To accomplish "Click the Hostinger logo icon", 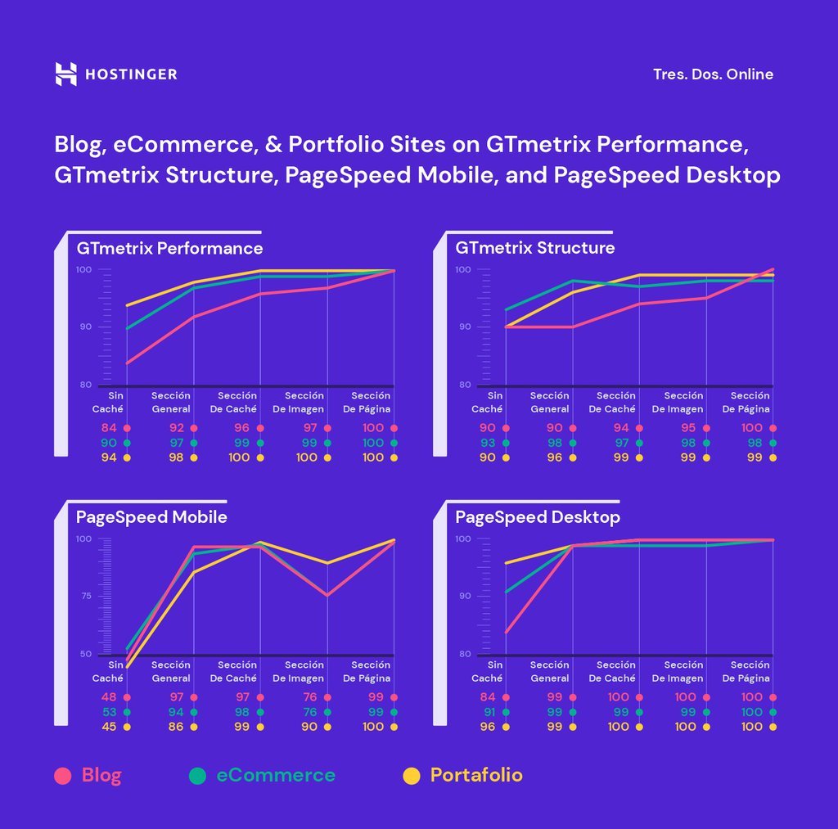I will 65,74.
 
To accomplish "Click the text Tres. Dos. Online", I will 713,74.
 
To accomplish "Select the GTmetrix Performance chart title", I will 169,248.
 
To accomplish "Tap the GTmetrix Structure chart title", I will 534,248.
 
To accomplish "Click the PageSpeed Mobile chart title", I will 151,517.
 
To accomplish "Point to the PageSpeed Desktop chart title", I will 537,517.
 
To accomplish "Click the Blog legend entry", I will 88,776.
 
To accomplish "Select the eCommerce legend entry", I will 262,776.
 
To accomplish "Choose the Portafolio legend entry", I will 464,776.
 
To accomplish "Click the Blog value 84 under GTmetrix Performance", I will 110,428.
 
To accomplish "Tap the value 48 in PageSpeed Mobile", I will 110,697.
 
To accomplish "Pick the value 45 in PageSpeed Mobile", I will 110,727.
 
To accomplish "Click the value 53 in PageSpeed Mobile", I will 110,712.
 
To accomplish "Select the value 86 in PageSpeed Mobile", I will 176,727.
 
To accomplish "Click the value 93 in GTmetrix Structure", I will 488,443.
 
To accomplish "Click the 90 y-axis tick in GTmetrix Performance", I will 83,327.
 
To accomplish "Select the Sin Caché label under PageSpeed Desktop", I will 487,672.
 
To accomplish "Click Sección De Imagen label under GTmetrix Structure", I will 678,403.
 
